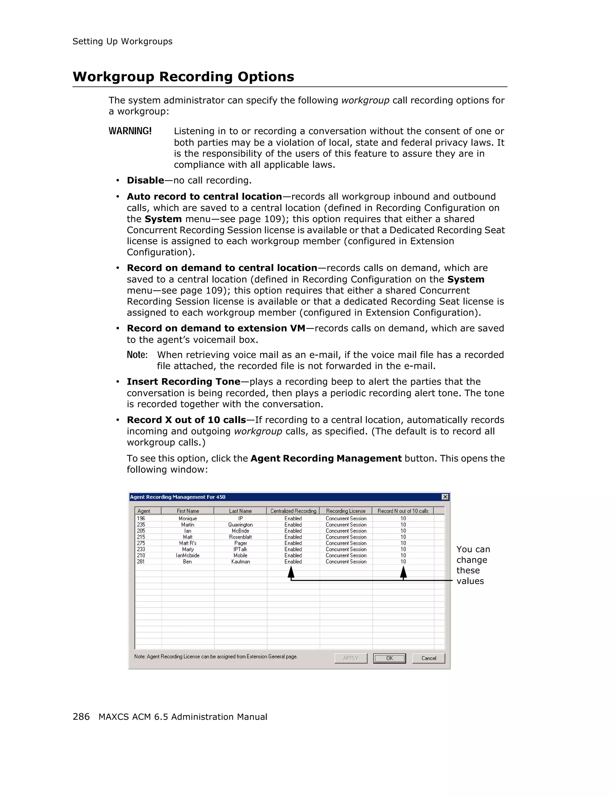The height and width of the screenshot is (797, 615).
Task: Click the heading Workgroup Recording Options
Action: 183,77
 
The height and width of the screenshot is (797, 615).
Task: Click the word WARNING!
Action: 130,131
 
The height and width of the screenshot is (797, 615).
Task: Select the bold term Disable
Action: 145,180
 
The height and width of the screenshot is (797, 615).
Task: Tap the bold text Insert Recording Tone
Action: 183,382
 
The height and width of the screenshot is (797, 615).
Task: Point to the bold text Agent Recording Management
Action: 326,458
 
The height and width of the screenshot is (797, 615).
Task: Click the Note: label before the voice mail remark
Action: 137,355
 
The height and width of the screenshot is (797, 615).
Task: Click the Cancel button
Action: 429,658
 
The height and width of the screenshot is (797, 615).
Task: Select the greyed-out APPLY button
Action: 351,658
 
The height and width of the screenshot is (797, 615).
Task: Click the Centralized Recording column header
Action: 293,511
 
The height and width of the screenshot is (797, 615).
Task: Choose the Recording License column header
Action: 346,511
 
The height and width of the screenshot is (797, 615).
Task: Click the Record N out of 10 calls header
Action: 403,511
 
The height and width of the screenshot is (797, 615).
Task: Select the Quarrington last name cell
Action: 240,525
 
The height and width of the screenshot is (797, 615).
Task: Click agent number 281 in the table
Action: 141,562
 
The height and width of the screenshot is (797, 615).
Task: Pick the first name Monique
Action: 188,518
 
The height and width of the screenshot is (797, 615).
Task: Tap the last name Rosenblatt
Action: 240,537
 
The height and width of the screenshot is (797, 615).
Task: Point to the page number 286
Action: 81,717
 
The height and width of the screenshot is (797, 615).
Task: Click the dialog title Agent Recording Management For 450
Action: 178,497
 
